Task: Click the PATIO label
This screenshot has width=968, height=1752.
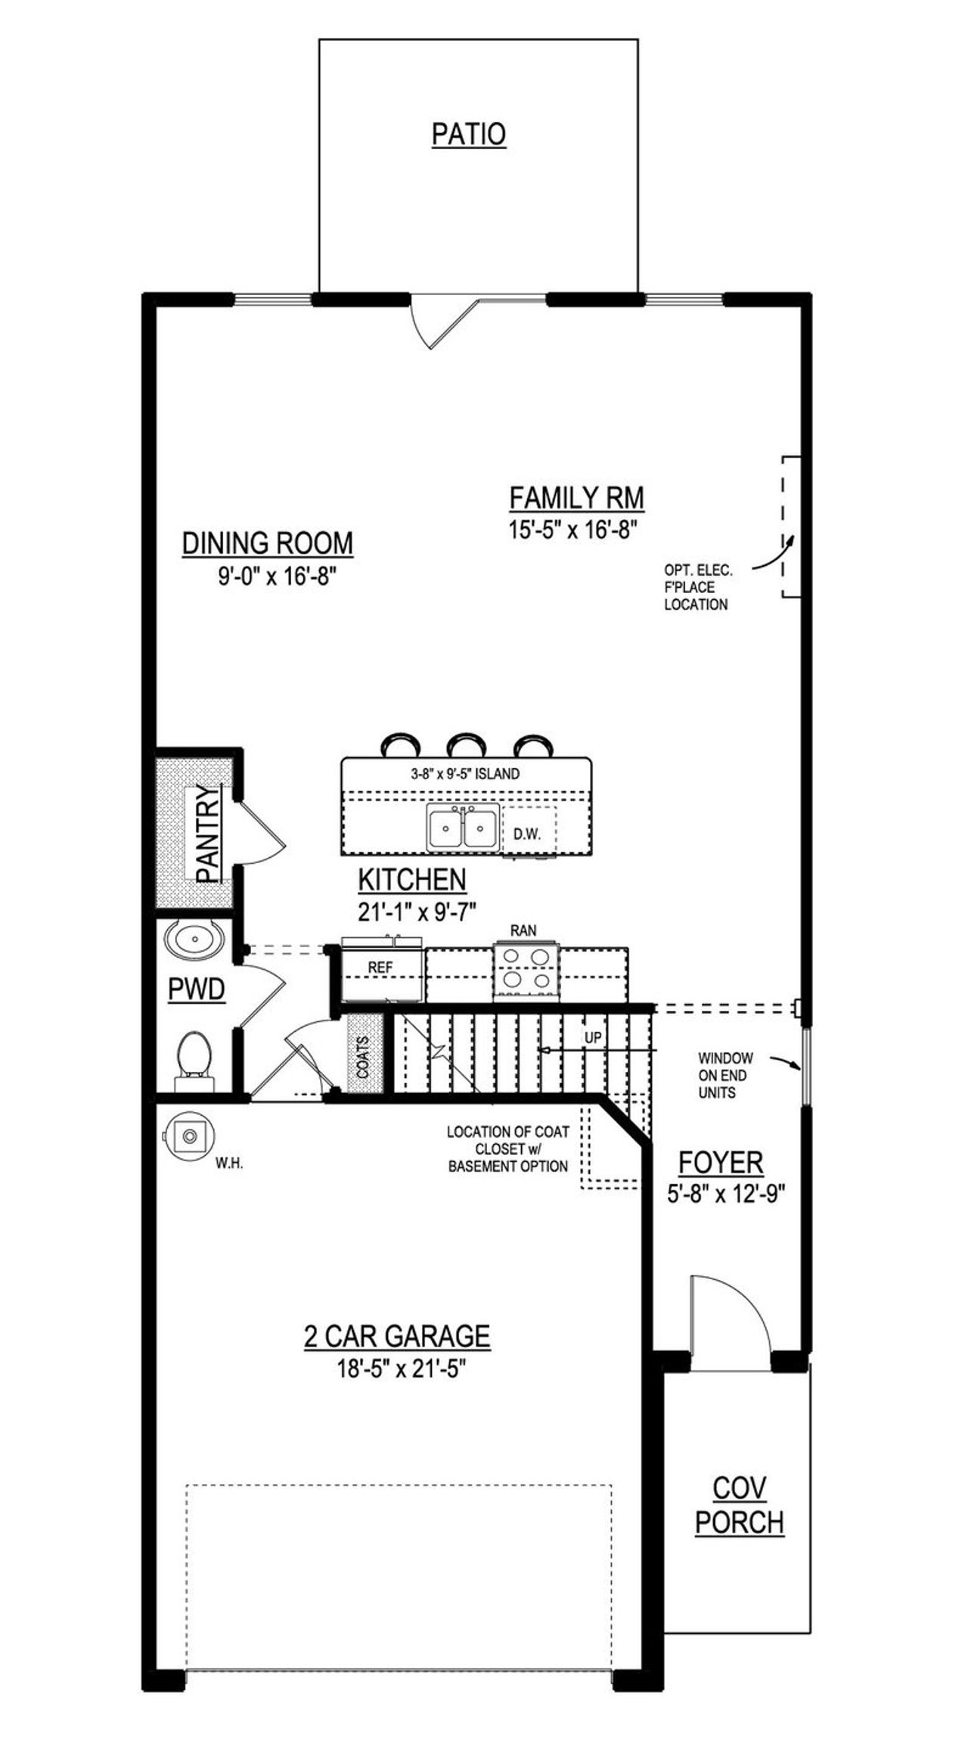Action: pyautogui.click(x=468, y=135)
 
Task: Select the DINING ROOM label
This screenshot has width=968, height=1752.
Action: pyautogui.click(x=268, y=543)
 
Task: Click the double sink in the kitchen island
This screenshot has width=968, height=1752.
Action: pyautogui.click(x=462, y=826)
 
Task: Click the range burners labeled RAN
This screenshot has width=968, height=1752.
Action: pyautogui.click(x=527, y=968)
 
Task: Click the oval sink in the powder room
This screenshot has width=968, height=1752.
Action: pyautogui.click(x=194, y=940)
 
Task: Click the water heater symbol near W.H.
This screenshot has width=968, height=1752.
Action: pyautogui.click(x=189, y=1135)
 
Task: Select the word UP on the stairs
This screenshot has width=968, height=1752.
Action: pyautogui.click(x=593, y=1039)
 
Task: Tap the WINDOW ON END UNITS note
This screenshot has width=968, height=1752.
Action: pyautogui.click(x=724, y=1075)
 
